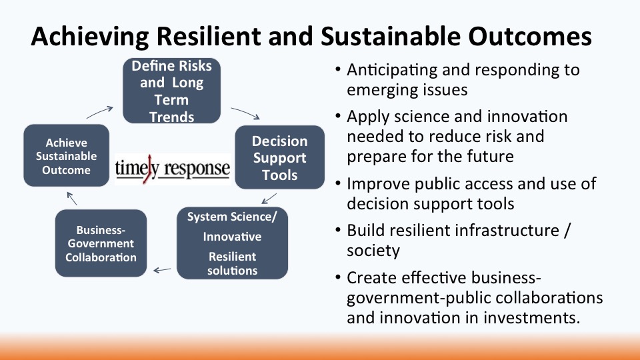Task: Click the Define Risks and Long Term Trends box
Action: tap(171, 91)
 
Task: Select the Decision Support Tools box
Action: tap(279, 157)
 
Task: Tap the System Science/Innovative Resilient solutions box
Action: tap(232, 243)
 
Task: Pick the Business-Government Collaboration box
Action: tap(101, 243)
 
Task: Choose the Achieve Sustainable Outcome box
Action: tap(66, 155)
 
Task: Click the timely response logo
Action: tap(173, 169)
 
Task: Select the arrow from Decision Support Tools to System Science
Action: tap(269, 199)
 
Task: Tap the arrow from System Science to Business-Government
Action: tap(162, 270)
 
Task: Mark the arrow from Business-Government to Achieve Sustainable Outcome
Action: tap(72, 199)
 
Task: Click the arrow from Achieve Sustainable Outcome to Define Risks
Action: tap(99, 112)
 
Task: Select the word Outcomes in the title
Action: tap(530, 36)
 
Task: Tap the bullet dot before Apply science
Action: tap(337, 116)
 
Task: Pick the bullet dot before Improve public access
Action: tap(337, 184)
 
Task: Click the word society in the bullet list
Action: tap(373, 251)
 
